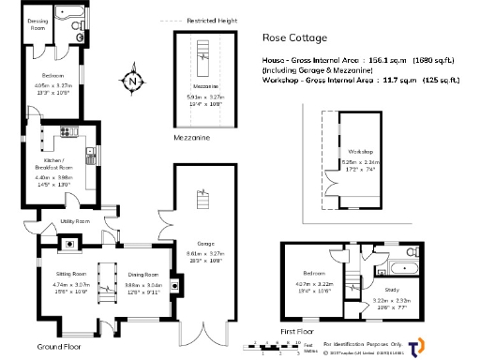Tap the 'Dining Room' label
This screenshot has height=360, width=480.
[x=143, y=274]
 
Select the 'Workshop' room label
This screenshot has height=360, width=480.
[x=360, y=151]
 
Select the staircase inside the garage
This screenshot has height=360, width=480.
[x=199, y=200]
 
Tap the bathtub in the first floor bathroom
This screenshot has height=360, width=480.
[x=409, y=257]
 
